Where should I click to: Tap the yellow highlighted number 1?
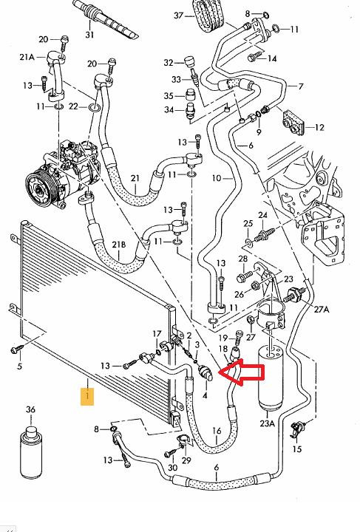click(87, 397)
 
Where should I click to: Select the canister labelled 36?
click(31, 452)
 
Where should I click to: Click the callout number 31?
click(89, 35)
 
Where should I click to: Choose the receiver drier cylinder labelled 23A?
click(270, 378)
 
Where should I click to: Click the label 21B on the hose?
click(119, 245)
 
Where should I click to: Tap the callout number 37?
click(179, 16)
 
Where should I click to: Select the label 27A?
click(322, 309)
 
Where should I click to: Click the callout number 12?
click(319, 128)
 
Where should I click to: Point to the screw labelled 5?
click(16, 349)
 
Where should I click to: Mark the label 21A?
click(27, 57)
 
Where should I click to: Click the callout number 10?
click(217, 178)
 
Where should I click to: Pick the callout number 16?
click(217, 431)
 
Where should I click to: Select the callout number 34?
click(169, 110)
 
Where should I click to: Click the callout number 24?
click(262, 215)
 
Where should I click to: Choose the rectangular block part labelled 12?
click(293, 122)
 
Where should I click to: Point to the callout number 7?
click(301, 86)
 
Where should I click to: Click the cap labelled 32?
click(190, 62)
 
